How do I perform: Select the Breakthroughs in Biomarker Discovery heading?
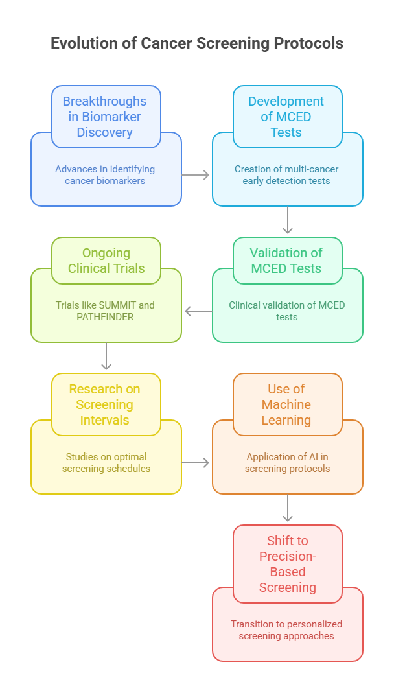pos(105,117)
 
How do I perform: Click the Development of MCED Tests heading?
pos(286,117)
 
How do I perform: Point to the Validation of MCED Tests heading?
pos(286,261)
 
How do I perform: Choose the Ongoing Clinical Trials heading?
pos(106,261)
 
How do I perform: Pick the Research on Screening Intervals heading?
pos(105,404)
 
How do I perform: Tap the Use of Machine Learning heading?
pos(286,404)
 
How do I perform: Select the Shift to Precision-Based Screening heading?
pos(287,564)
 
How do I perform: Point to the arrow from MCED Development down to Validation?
pos(288,220)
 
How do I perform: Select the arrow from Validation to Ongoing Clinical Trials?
pos(197,312)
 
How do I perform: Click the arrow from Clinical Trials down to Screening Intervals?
pos(107,356)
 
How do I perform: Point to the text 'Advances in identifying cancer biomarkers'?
pos(105,175)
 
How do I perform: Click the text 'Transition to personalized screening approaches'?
pos(286,630)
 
